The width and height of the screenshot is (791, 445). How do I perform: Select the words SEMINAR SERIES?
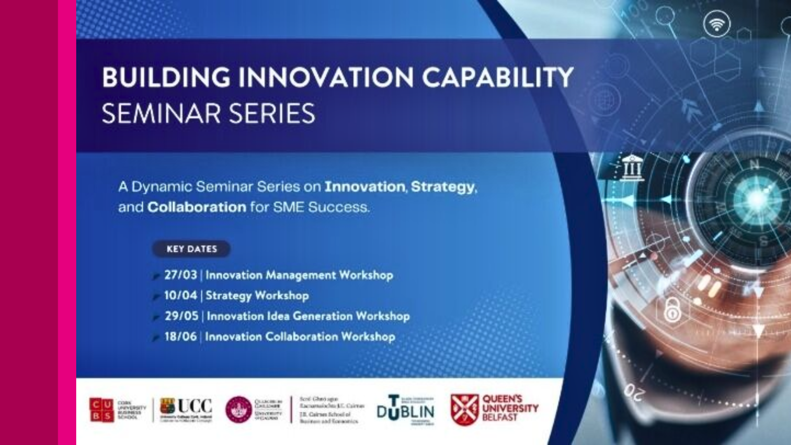click(208, 114)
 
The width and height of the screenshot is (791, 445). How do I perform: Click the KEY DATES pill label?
click(192, 249)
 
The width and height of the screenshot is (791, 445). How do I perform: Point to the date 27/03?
click(180, 275)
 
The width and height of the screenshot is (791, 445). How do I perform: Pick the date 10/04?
click(180, 295)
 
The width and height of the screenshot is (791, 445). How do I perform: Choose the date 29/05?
click(181, 316)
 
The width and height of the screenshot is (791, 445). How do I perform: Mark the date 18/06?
click(180, 337)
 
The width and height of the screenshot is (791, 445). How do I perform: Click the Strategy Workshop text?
click(257, 295)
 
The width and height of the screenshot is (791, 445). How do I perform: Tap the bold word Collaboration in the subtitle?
click(197, 207)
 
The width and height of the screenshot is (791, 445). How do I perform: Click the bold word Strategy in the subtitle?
click(442, 187)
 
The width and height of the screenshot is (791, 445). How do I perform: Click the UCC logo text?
click(194, 406)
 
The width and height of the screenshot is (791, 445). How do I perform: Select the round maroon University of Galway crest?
click(239, 410)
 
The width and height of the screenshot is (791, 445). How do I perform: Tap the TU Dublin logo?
click(405, 410)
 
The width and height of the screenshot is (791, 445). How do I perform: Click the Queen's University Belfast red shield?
click(464, 410)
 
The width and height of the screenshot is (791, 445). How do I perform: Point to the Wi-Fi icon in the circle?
click(717, 24)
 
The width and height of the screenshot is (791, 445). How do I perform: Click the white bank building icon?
click(632, 168)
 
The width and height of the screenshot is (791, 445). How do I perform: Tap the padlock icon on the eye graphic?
click(672, 310)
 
